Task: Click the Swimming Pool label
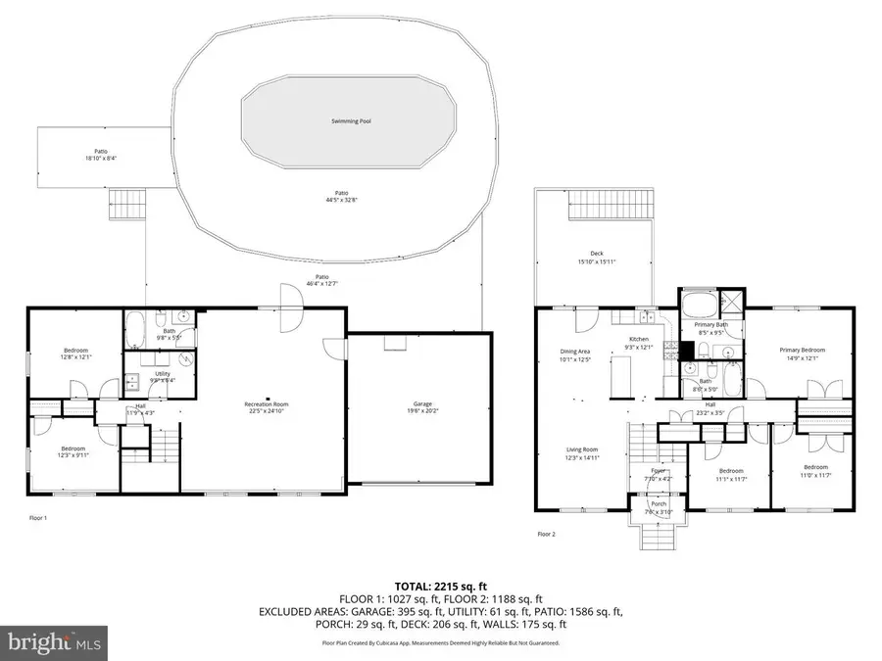(x=350, y=121)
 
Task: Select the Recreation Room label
(x=267, y=403)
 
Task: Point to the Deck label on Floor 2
(x=596, y=254)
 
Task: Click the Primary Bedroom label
(x=803, y=350)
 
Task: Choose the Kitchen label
(x=639, y=339)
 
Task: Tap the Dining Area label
(x=574, y=351)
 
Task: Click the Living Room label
(x=581, y=450)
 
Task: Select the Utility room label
(x=163, y=373)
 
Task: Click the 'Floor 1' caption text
(x=37, y=517)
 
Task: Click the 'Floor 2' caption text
(x=547, y=534)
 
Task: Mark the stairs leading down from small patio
(x=125, y=206)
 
